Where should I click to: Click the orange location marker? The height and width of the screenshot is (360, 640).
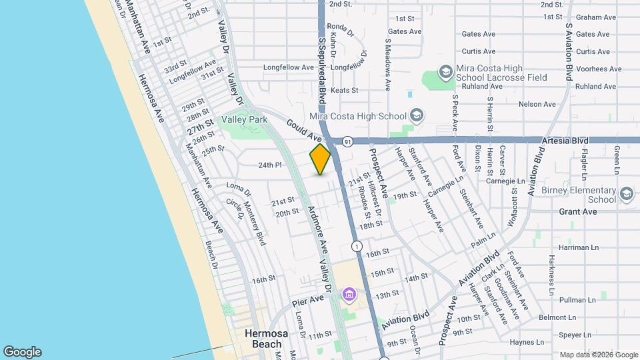(320, 159)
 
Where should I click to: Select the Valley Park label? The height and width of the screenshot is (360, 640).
(244, 119)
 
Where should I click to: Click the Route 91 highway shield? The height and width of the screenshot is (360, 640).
(347, 141)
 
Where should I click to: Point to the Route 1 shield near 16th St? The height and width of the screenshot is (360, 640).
(358, 247)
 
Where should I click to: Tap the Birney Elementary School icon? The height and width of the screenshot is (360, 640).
(626, 194)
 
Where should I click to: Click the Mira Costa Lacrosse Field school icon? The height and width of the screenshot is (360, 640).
(445, 71)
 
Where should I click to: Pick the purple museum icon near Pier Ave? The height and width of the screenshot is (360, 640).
(348, 293)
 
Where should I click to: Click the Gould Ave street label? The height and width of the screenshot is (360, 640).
(305, 130)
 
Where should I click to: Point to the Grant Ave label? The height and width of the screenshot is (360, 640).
(577, 211)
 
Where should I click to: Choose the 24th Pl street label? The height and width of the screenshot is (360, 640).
(271, 165)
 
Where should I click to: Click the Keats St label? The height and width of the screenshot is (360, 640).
(345, 90)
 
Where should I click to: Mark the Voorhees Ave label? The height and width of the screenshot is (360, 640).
(598, 69)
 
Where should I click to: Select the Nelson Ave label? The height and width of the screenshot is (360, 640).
(537, 104)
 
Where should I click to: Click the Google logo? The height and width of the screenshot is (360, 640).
(22, 352)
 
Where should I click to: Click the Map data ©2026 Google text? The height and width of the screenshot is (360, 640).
(598, 355)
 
